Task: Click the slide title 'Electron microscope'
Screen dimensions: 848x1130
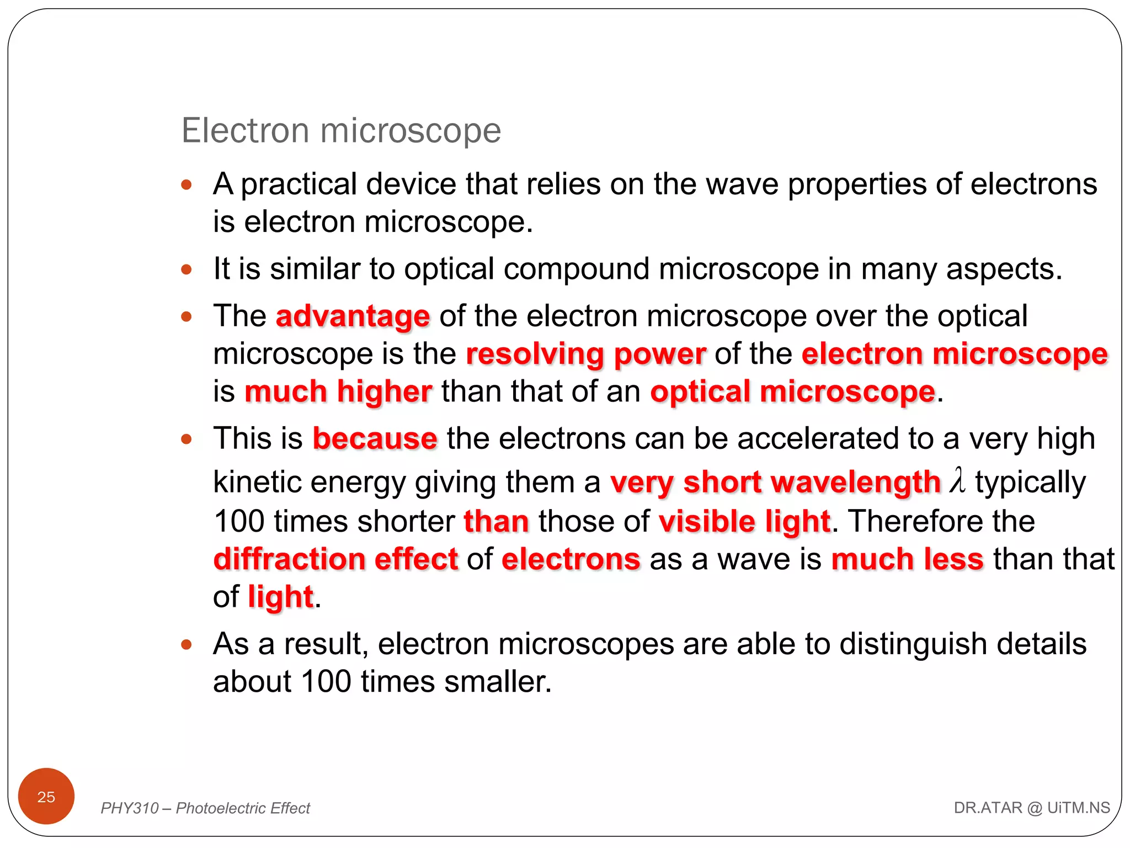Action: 341,131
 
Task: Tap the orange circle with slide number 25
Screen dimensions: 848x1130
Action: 46,796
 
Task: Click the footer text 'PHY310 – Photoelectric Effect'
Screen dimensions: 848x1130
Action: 205,808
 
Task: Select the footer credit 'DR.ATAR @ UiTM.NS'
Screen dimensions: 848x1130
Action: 1031,808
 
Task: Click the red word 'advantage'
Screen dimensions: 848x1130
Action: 353,316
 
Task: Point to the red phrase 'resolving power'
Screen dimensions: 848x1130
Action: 585,354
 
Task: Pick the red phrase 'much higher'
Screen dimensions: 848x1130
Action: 338,391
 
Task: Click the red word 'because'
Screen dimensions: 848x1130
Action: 375,439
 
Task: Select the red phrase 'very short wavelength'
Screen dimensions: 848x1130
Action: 775,482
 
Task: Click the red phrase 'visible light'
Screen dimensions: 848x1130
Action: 744,521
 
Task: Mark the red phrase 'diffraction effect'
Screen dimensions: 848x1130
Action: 335,559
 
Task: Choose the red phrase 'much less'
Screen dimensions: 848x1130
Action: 907,559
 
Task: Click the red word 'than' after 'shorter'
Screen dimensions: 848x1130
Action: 496,521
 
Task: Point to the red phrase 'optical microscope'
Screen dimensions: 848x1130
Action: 792,391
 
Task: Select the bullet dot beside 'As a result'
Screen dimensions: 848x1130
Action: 186,644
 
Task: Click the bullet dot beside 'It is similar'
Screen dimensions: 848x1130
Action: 186,269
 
